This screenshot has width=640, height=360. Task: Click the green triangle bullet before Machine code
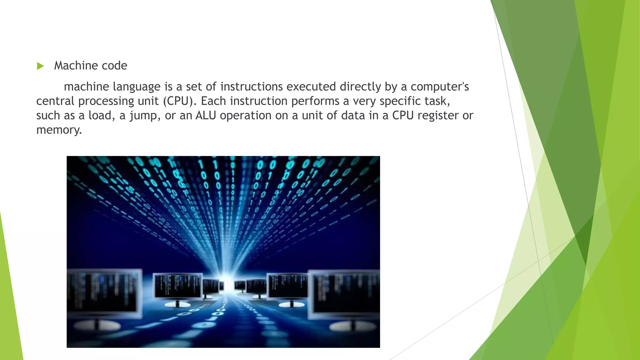click(x=40, y=66)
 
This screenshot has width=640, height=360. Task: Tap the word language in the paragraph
click(x=137, y=87)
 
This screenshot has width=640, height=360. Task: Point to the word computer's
click(x=440, y=87)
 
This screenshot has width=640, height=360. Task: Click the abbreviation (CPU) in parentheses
click(x=178, y=101)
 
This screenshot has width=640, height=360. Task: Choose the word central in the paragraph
click(x=55, y=101)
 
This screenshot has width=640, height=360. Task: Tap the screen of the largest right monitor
click(x=345, y=295)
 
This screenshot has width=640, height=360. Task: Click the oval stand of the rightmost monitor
click(x=353, y=327)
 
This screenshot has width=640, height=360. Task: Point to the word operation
click(x=246, y=116)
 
